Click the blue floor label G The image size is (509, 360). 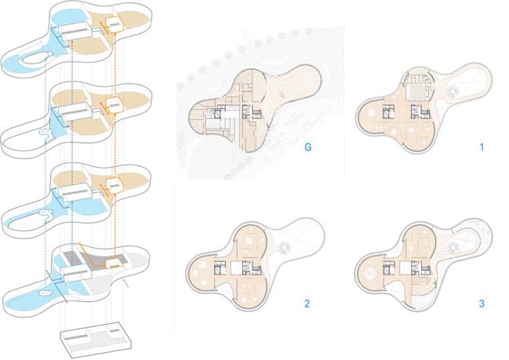pos(307,147)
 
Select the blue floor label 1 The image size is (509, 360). pos(482,147)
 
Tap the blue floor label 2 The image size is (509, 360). pos(307,304)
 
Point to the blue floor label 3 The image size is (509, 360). pos(482,304)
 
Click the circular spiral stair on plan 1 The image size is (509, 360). pos(453,92)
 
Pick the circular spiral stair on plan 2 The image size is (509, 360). pos(285,247)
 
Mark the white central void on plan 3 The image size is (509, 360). pos(405,269)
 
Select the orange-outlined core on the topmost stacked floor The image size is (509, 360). pos(115,24)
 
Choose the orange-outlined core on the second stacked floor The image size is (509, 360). pos(115,104)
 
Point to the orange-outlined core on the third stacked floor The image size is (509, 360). pos(115,185)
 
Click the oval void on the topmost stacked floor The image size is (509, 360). pos(36,58)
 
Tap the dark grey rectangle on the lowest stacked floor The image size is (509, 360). pos(75,257)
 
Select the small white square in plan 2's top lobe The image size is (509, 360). pos(249,242)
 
